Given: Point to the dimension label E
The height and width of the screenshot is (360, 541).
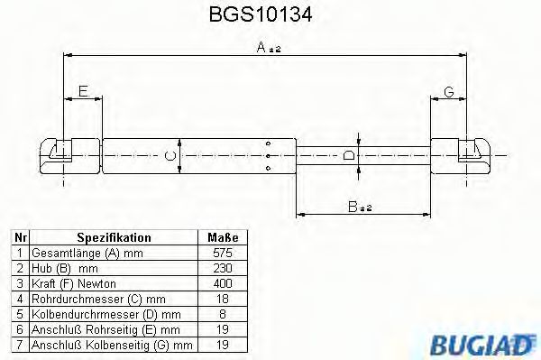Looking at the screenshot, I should click(83, 90).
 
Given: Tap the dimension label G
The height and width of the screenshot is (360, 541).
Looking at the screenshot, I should click(448, 90).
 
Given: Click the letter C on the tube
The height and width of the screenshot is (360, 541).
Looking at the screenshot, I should click(170, 155).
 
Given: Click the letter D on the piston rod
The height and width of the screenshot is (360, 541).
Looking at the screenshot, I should click(350, 155).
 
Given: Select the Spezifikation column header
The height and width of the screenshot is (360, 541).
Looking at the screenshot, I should click(114, 237).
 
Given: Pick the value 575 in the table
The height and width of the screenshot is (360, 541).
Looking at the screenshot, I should click(223, 254).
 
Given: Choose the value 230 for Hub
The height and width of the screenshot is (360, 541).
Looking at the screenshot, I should click(223, 269).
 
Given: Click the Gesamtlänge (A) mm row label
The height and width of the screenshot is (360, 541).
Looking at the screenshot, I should click(86, 254).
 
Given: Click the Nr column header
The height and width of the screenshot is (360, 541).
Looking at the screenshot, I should click(20, 237).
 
